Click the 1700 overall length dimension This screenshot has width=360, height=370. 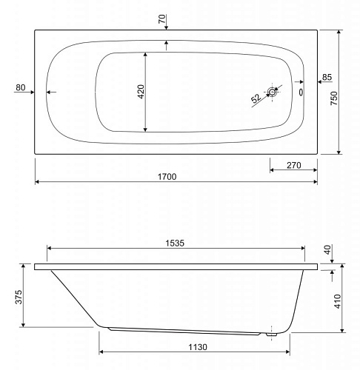[167, 177]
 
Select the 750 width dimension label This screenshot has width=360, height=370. [334, 98]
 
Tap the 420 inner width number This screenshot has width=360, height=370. [141, 92]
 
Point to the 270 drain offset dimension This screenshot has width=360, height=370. [294, 165]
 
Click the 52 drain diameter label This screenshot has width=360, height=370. [256, 98]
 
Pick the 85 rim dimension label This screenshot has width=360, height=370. [327, 77]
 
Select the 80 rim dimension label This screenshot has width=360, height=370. [21, 87]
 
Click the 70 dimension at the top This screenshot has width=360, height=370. [162, 18]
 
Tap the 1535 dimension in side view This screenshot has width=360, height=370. [175, 243]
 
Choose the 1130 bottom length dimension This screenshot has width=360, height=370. [198, 347]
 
